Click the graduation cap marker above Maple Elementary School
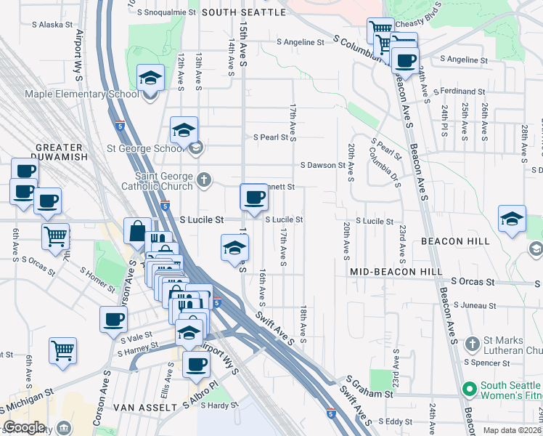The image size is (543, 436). pos(150,78)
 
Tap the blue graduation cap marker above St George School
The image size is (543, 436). pos(184,130)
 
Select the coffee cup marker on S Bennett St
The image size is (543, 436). pos(254,197)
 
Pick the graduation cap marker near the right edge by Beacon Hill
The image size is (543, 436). pos(512,219)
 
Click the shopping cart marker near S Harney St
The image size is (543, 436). pos(63,350)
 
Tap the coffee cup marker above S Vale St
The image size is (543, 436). pos(113,319)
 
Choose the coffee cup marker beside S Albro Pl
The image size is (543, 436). pos(195,365)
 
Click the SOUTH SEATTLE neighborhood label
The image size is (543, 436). pos(243,12)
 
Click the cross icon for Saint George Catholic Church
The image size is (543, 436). pos(205,179)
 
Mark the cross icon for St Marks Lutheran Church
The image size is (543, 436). pos(472,342)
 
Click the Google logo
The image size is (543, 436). pos(25,427)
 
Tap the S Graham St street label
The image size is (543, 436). pos(370,387)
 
